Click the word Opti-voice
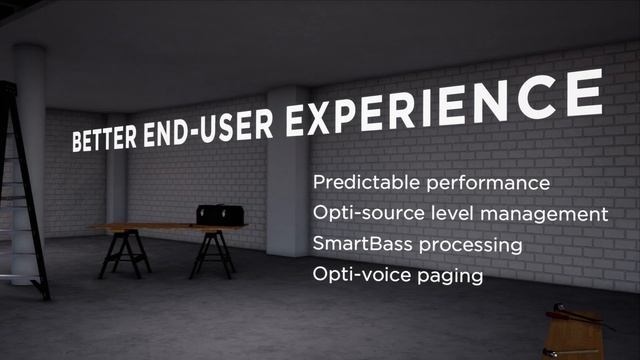tap(354, 273)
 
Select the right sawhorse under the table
tap(211, 254)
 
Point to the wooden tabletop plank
tap(160, 228)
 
